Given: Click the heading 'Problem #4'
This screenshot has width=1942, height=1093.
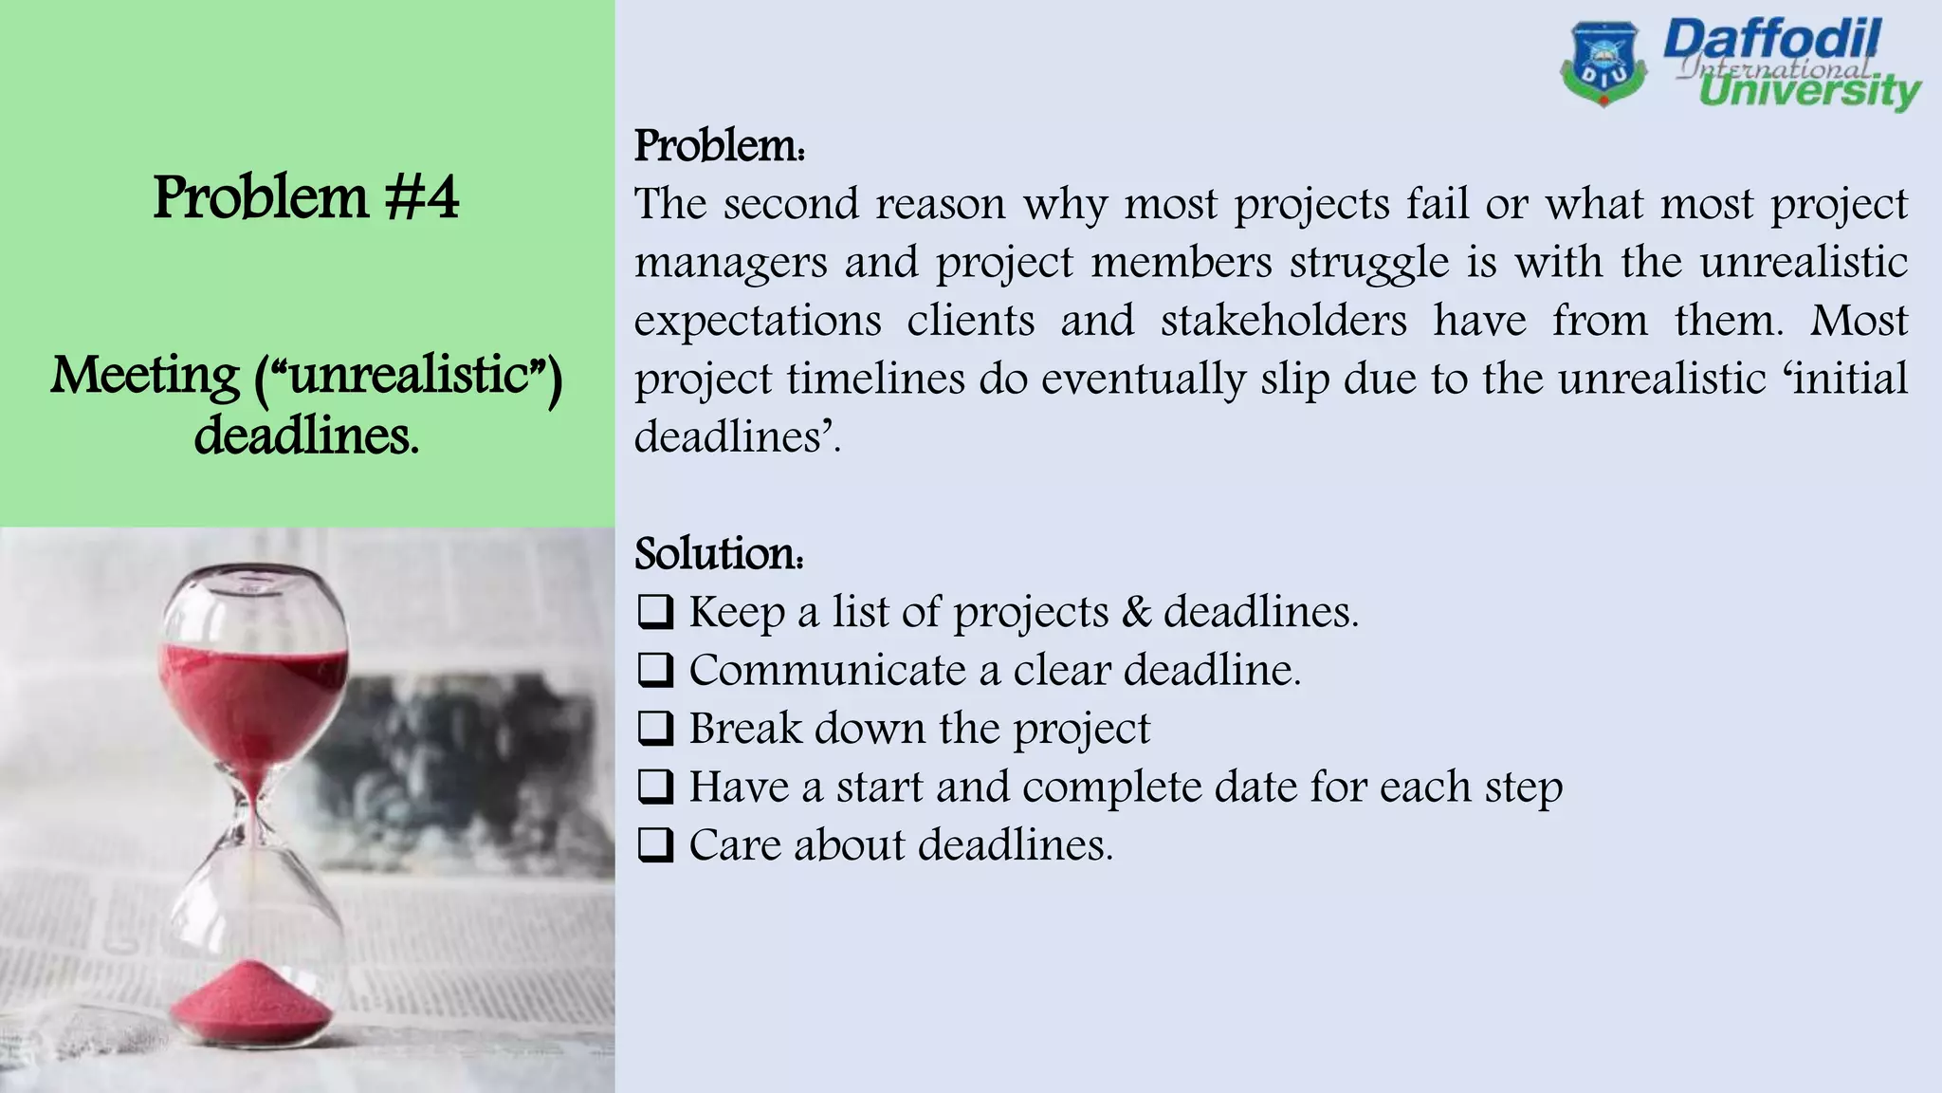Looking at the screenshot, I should point(305,198).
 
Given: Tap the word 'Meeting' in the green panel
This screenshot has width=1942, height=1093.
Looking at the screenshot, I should point(145,376).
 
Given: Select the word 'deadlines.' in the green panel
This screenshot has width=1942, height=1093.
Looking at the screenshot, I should point(306,436).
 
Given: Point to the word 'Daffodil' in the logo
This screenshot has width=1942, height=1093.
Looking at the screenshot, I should point(1770,41).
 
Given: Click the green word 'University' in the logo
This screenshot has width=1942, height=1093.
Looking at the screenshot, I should point(1809,92).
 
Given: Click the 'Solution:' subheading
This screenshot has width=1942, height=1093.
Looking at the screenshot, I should point(719,554).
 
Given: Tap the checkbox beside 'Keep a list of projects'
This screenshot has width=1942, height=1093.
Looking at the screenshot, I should point(655,612).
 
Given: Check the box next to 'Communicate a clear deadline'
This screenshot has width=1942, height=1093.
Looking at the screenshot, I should point(655,671).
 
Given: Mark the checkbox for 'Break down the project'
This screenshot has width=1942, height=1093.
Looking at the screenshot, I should point(655,729).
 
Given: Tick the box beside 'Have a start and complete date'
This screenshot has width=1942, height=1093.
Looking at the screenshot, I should point(655,787).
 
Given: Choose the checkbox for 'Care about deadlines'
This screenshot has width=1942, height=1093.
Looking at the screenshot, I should point(655,845).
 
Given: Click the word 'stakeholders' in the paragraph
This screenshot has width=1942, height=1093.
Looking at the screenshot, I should point(1283,321).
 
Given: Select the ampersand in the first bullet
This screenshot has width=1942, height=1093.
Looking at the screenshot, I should point(1135,612).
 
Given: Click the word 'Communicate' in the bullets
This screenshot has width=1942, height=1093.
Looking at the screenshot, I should point(827,671).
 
